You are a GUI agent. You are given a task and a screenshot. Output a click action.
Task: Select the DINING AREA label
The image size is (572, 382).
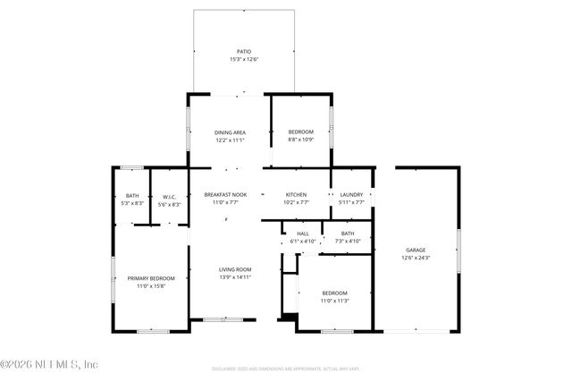[230, 132]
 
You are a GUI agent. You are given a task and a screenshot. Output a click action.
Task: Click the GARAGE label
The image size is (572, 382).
[416, 250]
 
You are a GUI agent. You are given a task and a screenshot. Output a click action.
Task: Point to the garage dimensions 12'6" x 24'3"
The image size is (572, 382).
[416, 258]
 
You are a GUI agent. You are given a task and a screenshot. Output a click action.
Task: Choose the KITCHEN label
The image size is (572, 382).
[296, 195]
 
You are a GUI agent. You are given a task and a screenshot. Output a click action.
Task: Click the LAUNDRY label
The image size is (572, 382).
[351, 195]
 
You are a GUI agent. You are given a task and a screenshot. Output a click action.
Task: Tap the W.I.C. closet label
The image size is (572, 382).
[169, 197]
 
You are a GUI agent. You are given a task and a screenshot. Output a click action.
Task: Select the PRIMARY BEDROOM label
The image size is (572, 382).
[150, 278]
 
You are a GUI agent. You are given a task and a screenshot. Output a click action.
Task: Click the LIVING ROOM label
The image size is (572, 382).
[236, 269]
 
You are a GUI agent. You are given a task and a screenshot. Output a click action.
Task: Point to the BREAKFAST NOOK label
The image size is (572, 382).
[225, 195]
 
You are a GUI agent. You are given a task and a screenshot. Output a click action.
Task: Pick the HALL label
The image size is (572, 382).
[303, 233]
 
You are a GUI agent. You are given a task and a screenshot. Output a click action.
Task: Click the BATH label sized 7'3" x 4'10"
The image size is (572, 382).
[347, 233]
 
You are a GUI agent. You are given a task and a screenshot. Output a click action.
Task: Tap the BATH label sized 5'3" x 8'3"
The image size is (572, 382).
[132, 197]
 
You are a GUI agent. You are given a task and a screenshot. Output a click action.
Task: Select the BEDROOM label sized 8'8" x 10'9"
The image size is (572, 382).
[300, 132]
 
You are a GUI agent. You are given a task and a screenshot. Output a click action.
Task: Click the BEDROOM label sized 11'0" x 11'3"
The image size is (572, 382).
[334, 293]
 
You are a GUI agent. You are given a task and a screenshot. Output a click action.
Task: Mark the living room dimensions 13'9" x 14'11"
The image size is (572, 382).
[236, 277]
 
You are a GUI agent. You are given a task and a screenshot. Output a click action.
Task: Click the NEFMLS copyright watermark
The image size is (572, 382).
[49, 364]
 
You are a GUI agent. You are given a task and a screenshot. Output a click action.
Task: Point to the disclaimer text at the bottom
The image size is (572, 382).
[285, 368]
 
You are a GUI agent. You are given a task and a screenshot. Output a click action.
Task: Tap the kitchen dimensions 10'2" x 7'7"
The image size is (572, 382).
[296, 203]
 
